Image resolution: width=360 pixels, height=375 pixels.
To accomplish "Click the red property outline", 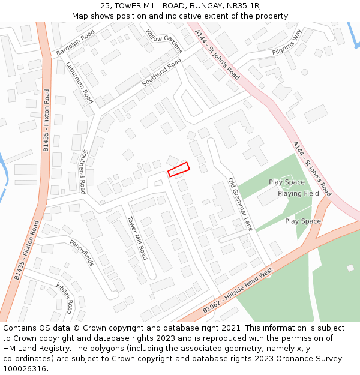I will tap(178, 170).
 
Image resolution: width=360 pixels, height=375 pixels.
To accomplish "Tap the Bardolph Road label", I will tap(76, 44).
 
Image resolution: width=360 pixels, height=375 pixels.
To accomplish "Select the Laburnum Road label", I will tap(80, 83).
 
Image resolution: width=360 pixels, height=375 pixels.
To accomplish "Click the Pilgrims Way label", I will tap(287, 43).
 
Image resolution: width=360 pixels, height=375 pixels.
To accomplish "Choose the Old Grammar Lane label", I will tap(241, 205).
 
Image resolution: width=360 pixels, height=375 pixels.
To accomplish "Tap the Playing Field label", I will tap(298, 194).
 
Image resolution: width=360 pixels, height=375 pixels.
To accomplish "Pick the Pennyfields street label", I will tap(82, 253).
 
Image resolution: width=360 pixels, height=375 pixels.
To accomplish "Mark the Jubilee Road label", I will tap(64, 296).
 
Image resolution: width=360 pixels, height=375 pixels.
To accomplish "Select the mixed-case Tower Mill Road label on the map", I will tap(137, 238).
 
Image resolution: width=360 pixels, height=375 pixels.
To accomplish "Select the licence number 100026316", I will tap(25, 369).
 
